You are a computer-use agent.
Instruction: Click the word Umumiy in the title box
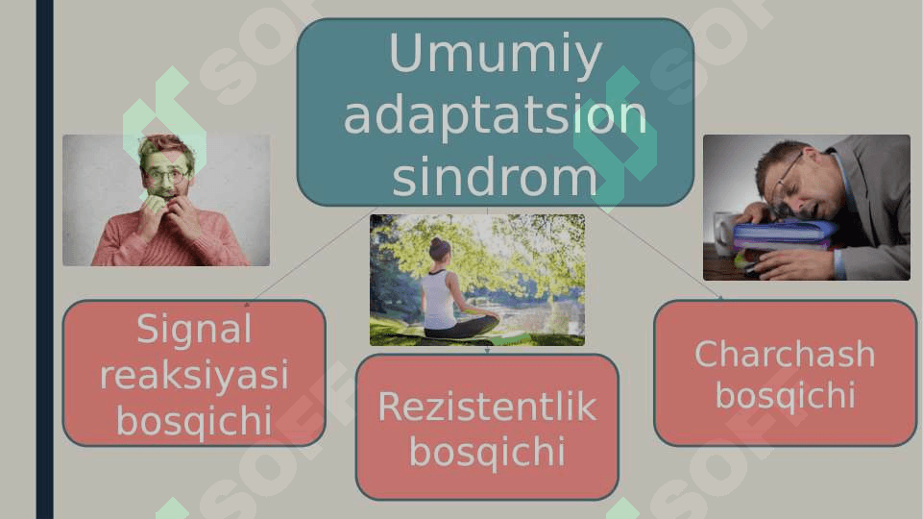click(495, 54)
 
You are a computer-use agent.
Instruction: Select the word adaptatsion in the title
click(495, 116)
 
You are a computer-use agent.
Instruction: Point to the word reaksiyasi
click(194, 376)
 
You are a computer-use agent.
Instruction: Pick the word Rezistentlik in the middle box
click(487, 407)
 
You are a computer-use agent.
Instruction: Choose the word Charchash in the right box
click(785, 354)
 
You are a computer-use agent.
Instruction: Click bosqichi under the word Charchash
click(786, 395)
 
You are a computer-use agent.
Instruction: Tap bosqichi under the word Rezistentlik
click(487, 453)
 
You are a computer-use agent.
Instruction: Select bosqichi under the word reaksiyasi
click(194, 421)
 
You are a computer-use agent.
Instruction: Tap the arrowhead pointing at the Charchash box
click(719, 297)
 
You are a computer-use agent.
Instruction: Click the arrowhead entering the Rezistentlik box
click(487, 351)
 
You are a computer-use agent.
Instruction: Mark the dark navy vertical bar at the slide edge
click(45, 259)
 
